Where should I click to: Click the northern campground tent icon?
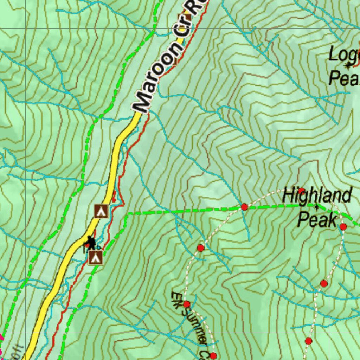coord(101,211)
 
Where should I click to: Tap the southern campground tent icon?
coord(95,258)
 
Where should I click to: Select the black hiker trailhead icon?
coord(91,242)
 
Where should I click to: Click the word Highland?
coord(317,195)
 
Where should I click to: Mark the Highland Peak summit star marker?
coord(317,207)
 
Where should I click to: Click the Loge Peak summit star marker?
coord(348,65)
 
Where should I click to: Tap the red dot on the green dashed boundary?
coord(244,207)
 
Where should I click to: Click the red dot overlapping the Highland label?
coord(301,191)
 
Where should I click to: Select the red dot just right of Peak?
coord(343,227)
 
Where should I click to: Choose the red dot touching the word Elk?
coord(187,304)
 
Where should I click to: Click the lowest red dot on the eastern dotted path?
coord(308,341)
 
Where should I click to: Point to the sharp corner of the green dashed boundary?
coord(127,214)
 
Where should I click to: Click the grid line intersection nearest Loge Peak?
coord(359,28)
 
